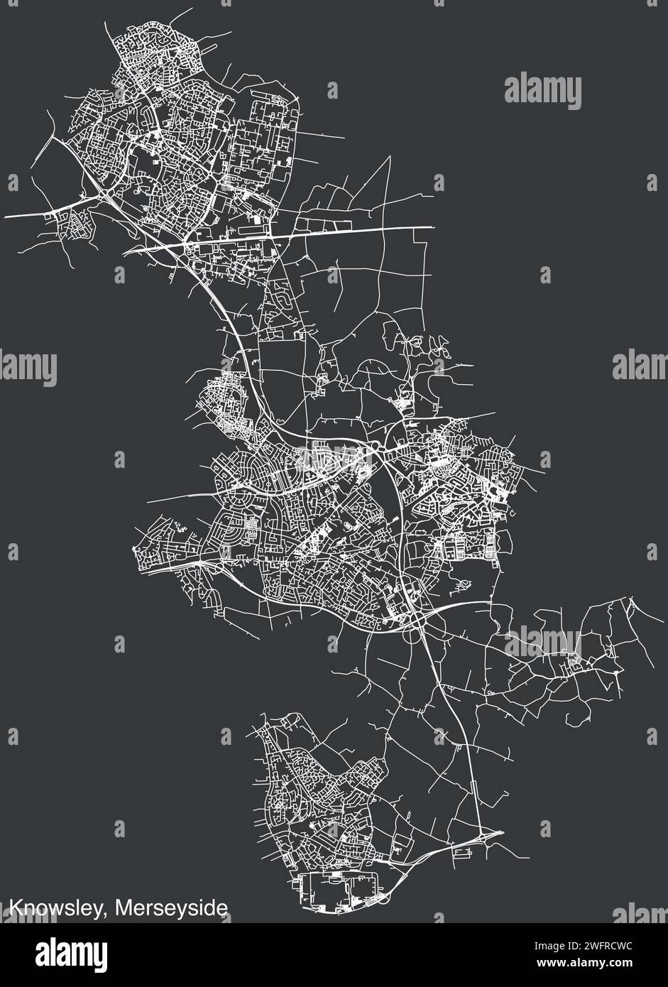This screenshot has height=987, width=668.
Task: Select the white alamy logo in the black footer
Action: click(71, 952)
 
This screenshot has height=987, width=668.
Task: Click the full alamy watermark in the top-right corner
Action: click(543, 92)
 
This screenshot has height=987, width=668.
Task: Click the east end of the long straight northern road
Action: click(432, 227)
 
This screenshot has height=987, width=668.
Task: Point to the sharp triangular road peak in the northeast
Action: click(389, 157)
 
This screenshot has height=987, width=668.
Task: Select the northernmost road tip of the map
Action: click(192, 9)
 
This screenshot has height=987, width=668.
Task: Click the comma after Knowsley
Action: click(107, 914)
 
